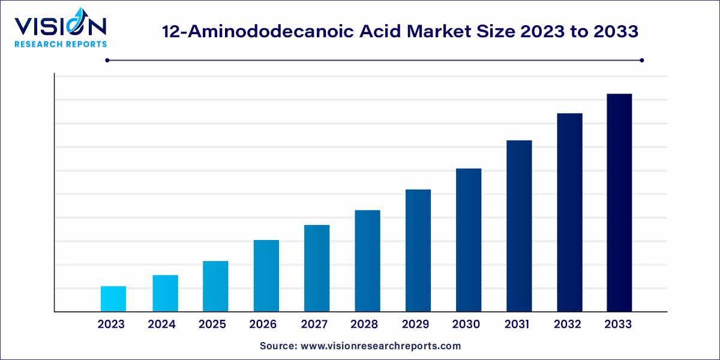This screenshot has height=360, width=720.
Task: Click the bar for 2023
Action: point(113,299)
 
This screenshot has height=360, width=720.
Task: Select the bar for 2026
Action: point(266,276)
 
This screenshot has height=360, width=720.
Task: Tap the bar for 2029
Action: point(418,251)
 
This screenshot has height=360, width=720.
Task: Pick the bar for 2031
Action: point(519,226)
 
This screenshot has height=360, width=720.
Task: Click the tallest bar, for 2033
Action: point(619,203)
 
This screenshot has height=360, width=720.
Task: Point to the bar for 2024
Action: point(165,293)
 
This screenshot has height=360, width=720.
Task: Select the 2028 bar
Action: point(367,261)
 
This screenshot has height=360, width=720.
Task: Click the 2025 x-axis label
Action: point(212,325)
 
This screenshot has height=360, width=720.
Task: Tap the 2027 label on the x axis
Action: point(314,325)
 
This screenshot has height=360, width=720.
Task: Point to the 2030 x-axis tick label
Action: point(466,325)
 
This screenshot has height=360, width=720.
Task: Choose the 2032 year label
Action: point(568,325)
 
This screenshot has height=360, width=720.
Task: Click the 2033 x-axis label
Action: point(618,325)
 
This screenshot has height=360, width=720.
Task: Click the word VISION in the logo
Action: point(60,26)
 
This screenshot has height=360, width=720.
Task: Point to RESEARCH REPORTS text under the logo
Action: point(61,44)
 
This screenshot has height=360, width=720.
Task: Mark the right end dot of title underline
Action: point(642,60)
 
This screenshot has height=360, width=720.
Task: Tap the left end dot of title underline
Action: point(107,60)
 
